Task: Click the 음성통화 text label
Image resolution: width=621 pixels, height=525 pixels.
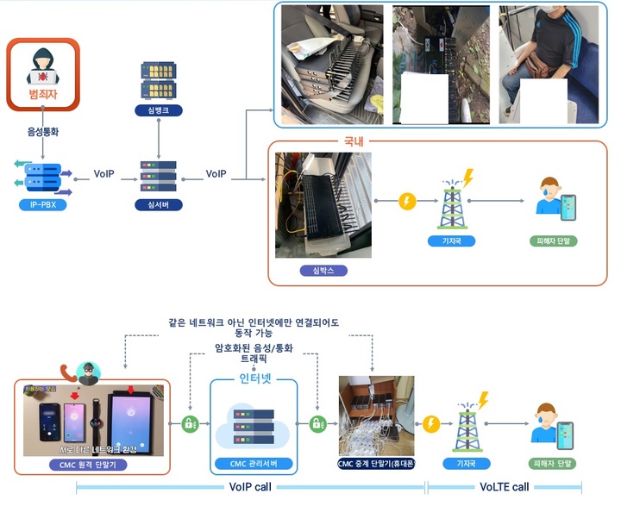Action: pyautogui.click(x=42, y=133)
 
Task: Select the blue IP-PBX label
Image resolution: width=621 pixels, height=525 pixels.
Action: pyautogui.click(x=42, y=205)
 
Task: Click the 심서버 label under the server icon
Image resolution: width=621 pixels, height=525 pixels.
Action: pyautogui.click(x=158, y=205)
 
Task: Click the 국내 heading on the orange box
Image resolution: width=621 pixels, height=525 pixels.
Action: pyautogui.click(x=354, y=141)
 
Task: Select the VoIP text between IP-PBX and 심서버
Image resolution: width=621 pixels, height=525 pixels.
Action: pyautogui.click(x=105, y=173)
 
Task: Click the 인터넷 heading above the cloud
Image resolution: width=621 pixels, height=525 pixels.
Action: pyautogui.click(x=254, y=378)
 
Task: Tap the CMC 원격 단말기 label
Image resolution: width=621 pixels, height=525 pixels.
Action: pyautogui.click(x=97, y=465)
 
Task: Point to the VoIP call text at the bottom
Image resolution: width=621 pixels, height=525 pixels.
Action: pyautogui.click(x=249, y=486)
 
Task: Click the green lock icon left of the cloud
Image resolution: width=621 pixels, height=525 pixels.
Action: pyautogui.click(x=190, y=424)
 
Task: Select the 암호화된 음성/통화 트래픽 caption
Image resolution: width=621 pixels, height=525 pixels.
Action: pyautogui.click(x=251, y=353)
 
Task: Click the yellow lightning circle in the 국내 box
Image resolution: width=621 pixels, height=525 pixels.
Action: pyautogui.click(x=407, y=201)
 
